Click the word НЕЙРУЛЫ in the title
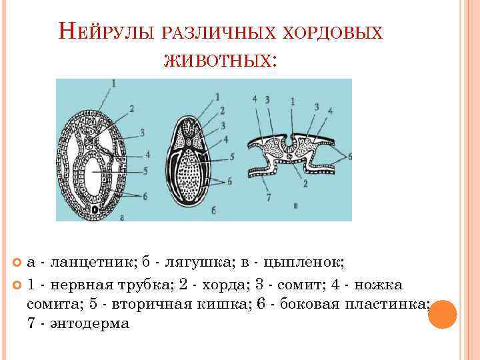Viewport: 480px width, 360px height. pyautogui.click(x=107, y=31)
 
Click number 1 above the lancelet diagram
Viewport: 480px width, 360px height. pyautogui.click(x=114, y=83)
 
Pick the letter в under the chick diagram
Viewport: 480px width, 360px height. pyautogui.click(x=295, y=206)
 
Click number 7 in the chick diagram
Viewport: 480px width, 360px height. pyautogui.click(x=268, y=197)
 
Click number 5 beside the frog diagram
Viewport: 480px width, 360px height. pyautogui.click(x=231, y=157)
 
